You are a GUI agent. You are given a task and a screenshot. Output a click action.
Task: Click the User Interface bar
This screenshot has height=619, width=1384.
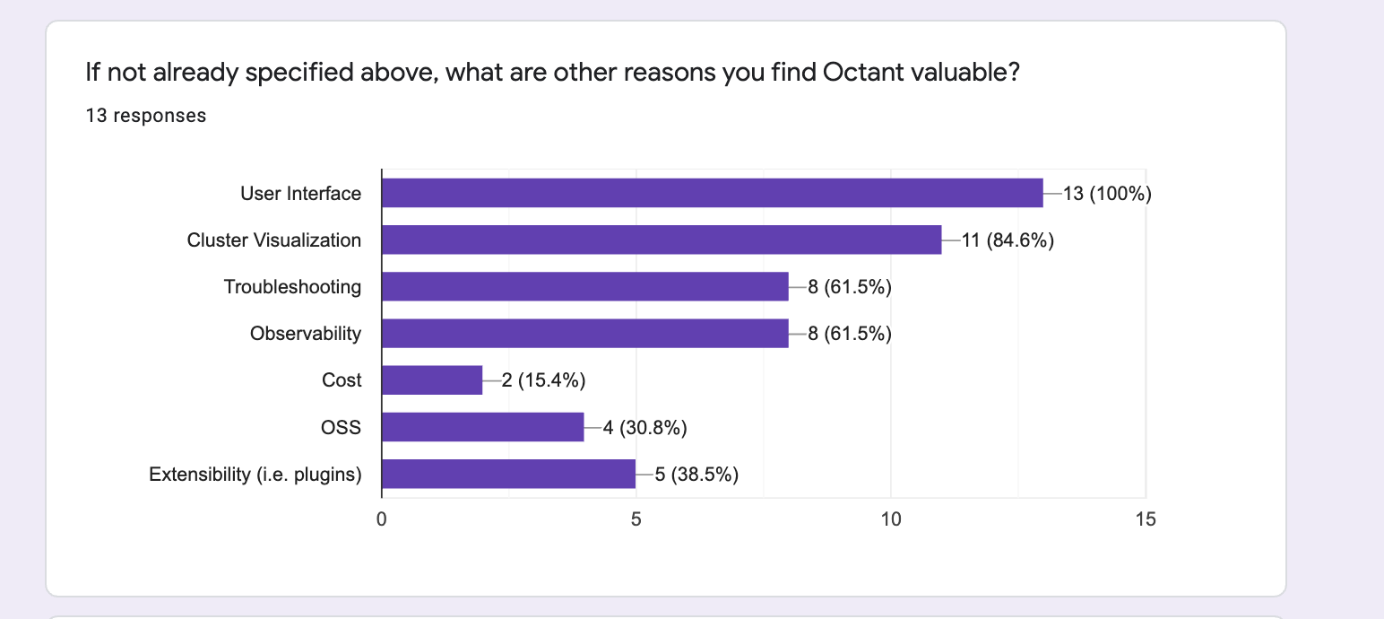[x=713, y=193]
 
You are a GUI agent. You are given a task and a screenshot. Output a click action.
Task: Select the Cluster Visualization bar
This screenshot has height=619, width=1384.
[x=662, y=240]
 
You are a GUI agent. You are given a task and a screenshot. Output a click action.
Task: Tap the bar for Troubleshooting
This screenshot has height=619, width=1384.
[x=585, y=286]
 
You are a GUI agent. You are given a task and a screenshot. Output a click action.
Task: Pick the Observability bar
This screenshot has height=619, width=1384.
[x=585, y=334]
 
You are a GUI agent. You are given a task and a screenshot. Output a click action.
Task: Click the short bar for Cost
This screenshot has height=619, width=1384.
[x=432, y=379]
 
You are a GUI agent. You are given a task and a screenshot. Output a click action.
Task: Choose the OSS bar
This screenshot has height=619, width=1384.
[x=482, y=427]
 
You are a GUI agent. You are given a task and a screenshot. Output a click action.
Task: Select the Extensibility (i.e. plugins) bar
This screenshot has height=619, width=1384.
[x=508, y=474]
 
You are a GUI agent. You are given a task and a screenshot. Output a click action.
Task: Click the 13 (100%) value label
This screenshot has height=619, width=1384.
[x=1107, y=194]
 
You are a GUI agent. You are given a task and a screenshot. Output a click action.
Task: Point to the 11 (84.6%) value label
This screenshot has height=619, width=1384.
[x=1008, y=240]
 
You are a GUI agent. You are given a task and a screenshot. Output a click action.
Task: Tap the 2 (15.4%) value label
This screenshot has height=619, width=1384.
[x=544, y=379]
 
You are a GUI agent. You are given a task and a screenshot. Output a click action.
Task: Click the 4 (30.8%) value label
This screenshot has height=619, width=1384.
[x=645, y=427]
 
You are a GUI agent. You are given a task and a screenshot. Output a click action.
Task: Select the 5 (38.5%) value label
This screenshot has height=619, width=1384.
[x=697, y=475]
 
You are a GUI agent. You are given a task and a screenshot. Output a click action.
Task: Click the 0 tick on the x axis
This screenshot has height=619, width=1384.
[x=382, y=519]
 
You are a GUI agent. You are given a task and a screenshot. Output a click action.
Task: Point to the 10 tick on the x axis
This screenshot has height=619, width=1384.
[x=891, y=519]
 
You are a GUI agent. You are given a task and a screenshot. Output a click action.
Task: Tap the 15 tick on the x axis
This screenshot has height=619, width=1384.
[x=1146, y=519]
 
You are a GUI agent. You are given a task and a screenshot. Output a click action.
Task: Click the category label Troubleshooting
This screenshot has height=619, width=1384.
[x=292, y=287]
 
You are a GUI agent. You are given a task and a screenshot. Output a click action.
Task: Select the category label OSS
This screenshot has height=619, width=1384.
[x=341, y=427]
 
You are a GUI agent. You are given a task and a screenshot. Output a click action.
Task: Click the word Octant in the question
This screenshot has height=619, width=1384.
[x=864, y=73]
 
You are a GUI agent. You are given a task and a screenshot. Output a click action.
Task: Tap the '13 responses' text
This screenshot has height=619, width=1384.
[x=146, y=116]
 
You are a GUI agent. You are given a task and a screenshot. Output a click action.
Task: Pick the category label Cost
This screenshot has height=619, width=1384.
[x=342, y=379]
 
